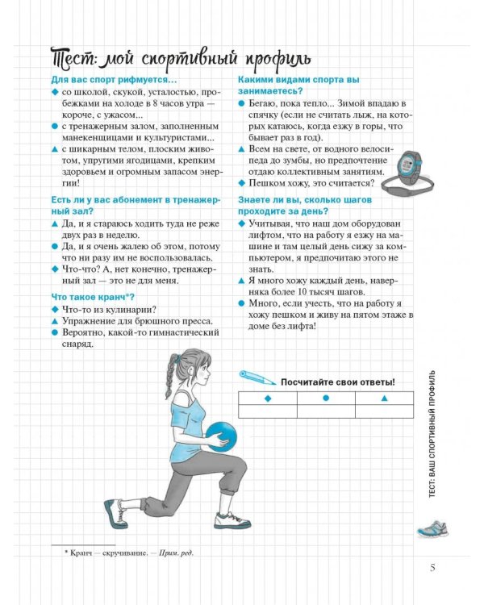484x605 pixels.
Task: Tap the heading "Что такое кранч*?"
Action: pyautogui.click(x=93, y=297)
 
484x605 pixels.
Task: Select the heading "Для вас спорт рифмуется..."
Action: pyautogui.click(x=114, y=80)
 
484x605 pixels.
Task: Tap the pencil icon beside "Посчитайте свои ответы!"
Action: pyautogui.click(x=257, y=378)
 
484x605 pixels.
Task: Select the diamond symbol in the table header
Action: pyautogui.click(x=268, y=398)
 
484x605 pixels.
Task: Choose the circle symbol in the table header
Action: pyautogui.click(x=326, y=398)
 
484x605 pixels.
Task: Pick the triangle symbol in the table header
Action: pyautogui.click(x=385, y=398)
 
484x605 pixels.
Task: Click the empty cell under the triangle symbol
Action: pyautogui.click(x=384, y=411)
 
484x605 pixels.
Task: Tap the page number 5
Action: pyautogui.click(x=432, y=568)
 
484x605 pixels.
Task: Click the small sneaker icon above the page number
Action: pyautogui.click(x=432, y=528)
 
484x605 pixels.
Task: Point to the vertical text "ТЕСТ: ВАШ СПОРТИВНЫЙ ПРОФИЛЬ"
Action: pyautogui.click(x=432, y=434)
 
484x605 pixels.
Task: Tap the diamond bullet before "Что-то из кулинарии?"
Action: pyautogui.click(x=54, y=310)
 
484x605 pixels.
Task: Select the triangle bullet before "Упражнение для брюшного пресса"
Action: pyautogui.click(x=54, y=321)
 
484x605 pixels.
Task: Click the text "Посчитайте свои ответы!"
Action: pyautogui.click(x=338, y=382)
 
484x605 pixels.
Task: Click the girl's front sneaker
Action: pyautogui.click(x=232, y=519)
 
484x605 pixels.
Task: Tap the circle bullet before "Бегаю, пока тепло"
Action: pyautogui.click(x=242, y=103)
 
